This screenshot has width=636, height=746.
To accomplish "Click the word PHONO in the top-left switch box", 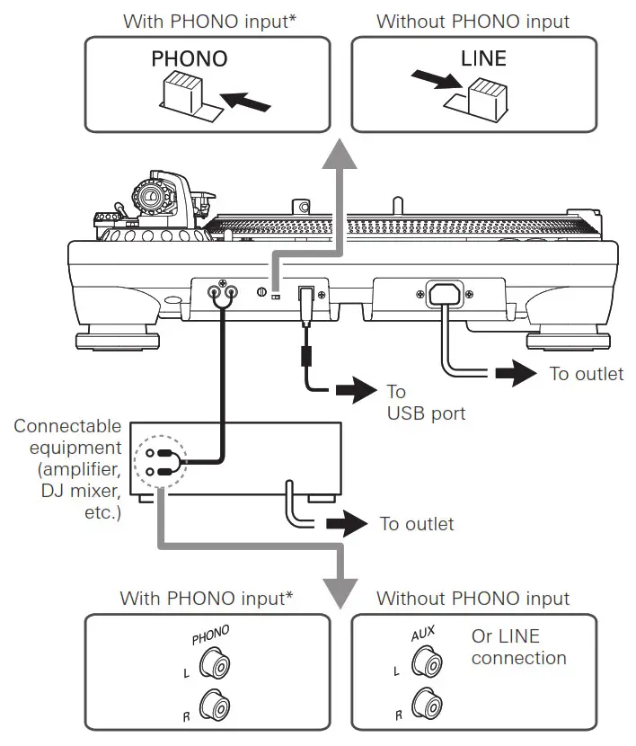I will click(x=189, y=59).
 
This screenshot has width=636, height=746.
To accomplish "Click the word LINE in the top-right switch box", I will click(x=483, y=59).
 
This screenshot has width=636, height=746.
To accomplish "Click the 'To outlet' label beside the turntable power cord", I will click(x=586, y=373).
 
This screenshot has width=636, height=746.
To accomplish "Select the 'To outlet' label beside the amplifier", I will click(x=417, y=523).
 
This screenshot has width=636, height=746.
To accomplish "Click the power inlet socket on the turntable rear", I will click(x=449, y=293).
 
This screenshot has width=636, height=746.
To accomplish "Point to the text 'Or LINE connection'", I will click(x=518, y=647).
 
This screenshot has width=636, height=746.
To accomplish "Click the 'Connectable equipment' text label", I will click(x=67, y=436).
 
